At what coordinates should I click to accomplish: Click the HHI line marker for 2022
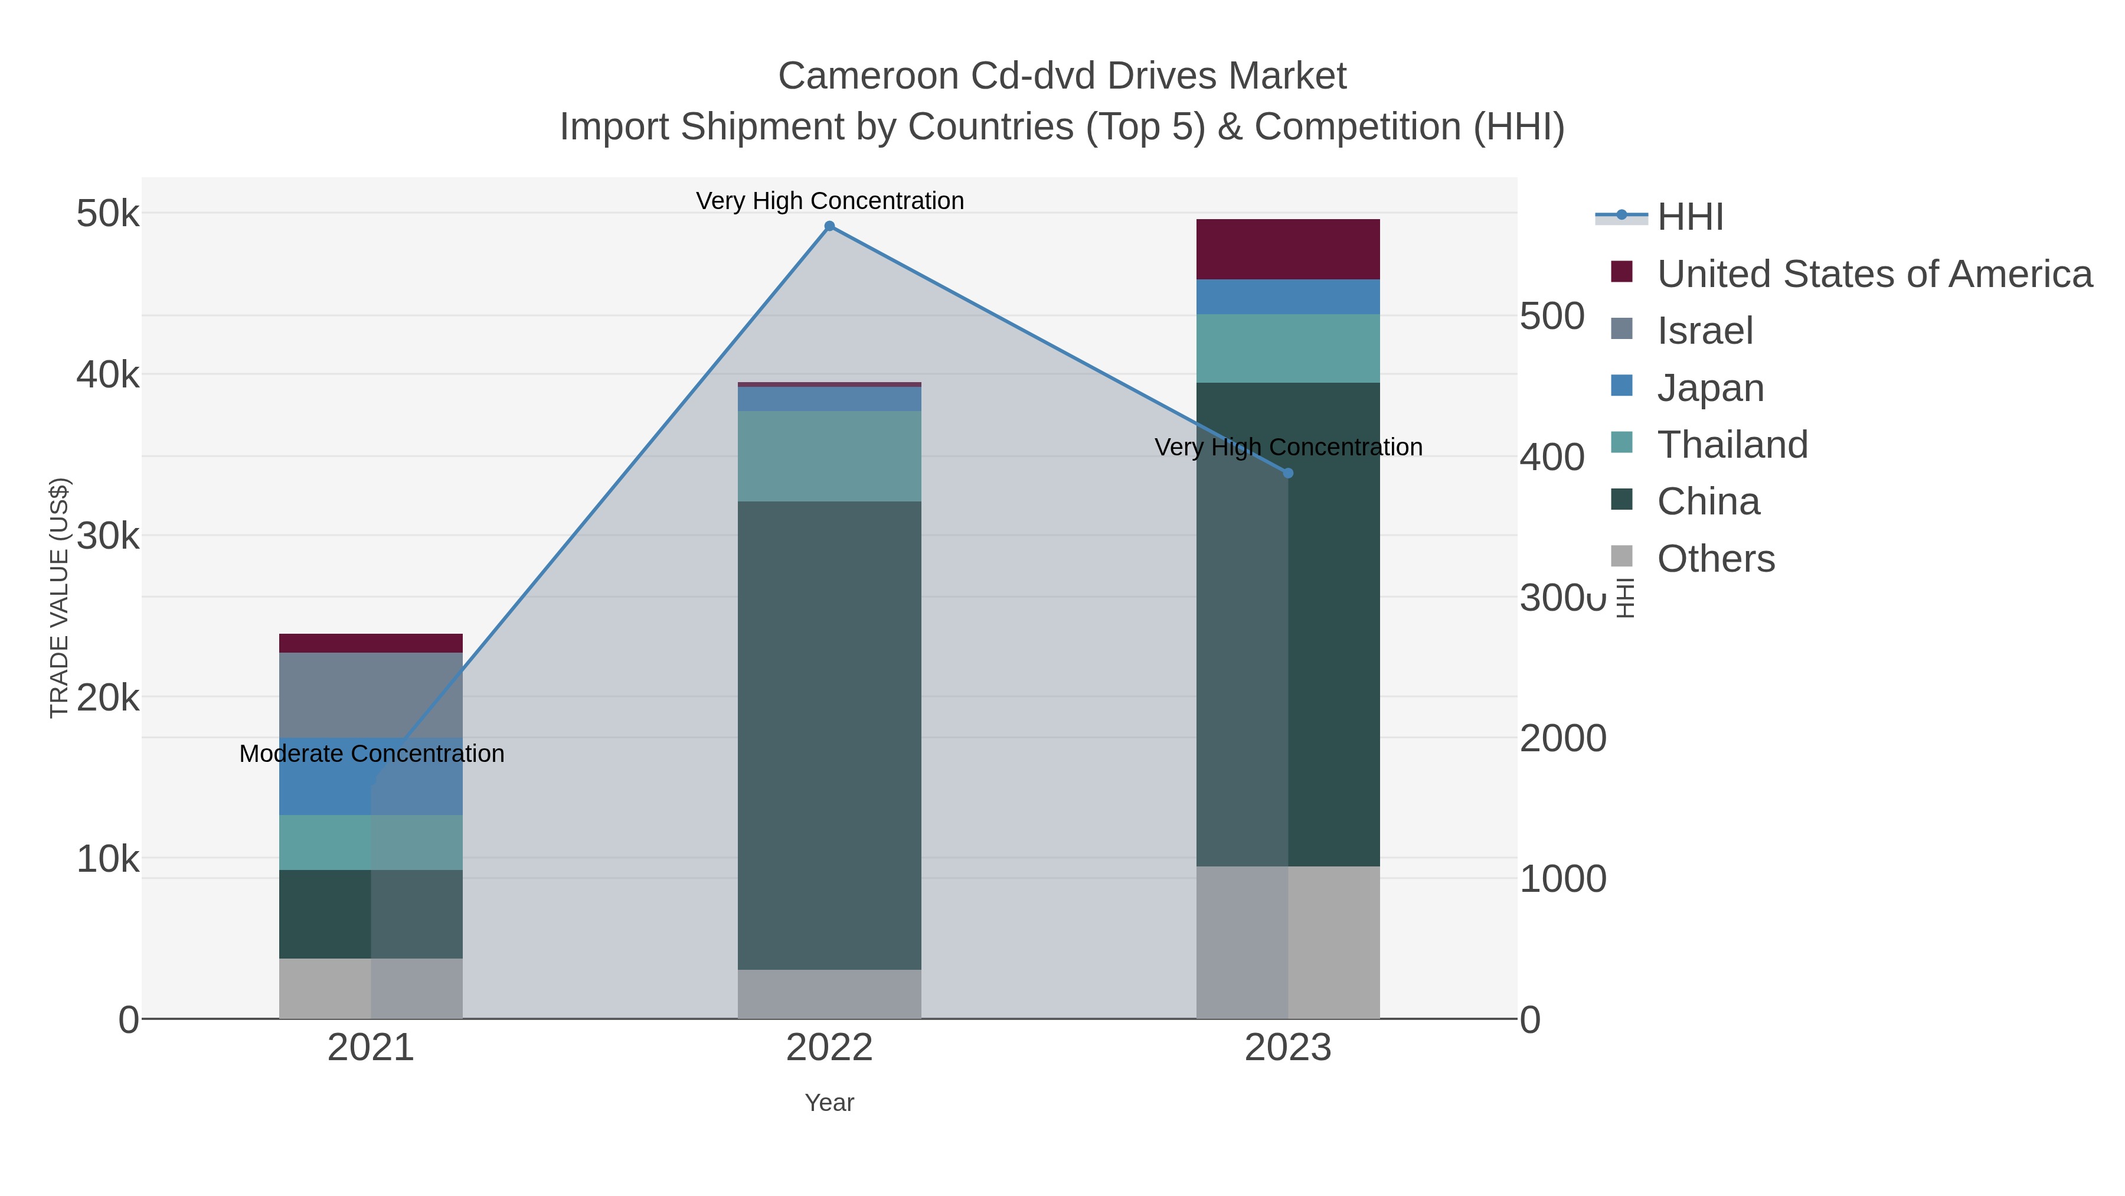[x=829, y=226]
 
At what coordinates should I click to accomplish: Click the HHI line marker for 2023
[x=1288, y=473]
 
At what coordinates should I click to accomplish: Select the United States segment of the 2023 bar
[x=1288, y=249]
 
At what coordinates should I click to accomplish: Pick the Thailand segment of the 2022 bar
[x=829, y=457]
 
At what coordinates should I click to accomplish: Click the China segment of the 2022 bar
[x=829, y=735]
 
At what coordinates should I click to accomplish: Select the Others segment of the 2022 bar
[x=829, y=994]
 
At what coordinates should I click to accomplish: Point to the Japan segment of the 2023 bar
[x=1288, y=296]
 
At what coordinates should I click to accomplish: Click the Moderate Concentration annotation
[x=371, y=754]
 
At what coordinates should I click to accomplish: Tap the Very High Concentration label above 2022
[x=829, y=201]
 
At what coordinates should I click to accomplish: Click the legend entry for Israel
[x=1704, y=331]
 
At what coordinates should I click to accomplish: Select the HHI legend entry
[x=1689, y=217]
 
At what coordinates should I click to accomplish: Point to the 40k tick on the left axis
[x=108, y=374]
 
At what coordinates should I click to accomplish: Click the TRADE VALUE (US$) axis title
[x=60, y=598]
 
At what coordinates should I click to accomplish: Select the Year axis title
[x=829, y=1103]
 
